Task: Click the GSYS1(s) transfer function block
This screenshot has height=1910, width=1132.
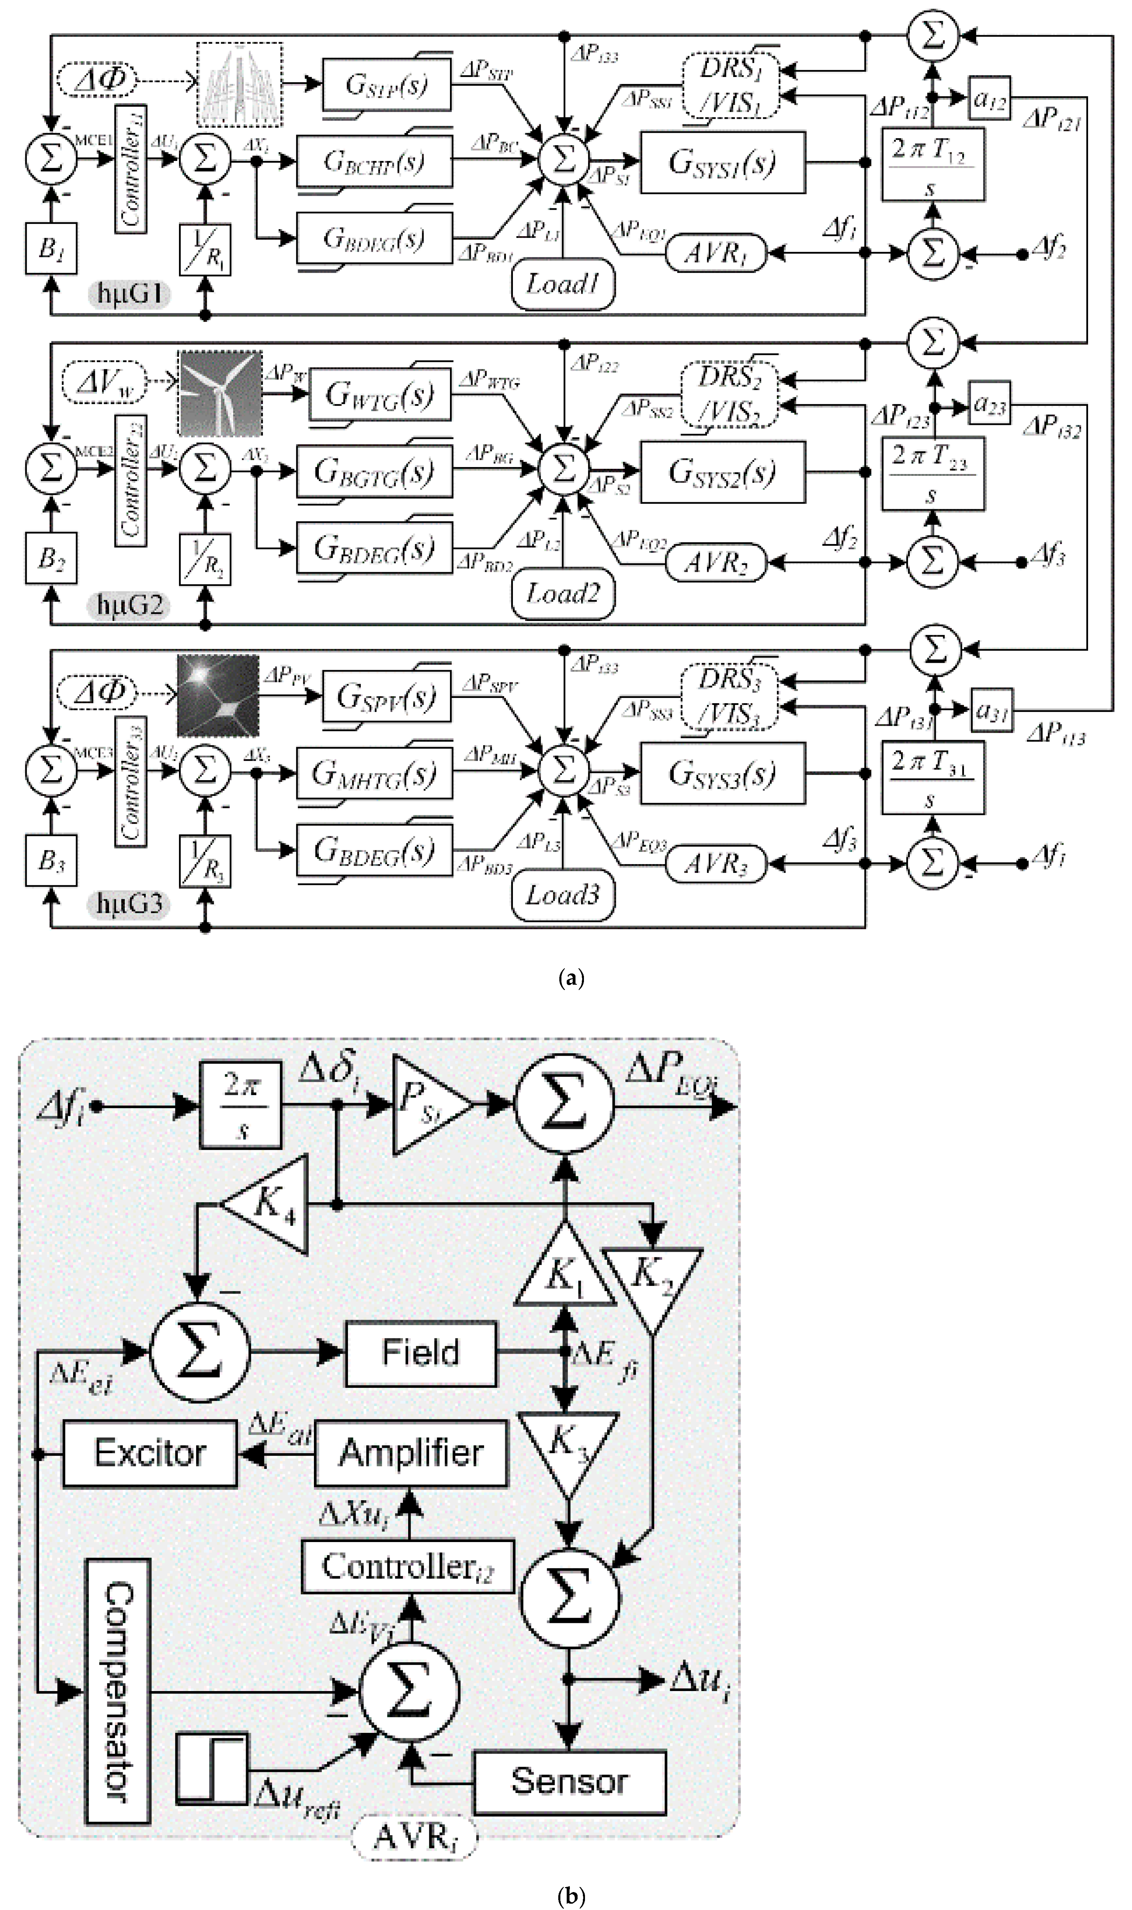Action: (722, 162)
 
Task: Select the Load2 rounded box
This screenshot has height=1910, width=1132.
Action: (563, 593)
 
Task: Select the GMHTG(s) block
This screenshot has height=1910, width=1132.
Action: (374, 773)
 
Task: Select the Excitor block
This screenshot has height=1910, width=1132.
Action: (149, 1453)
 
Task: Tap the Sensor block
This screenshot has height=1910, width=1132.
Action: (569, 1782)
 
